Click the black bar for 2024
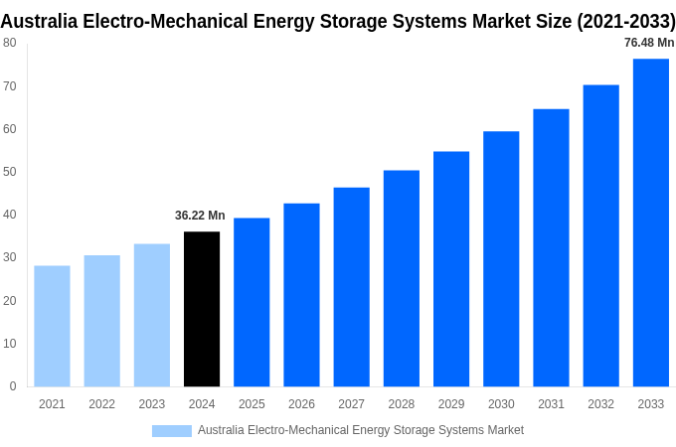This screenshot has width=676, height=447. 202,309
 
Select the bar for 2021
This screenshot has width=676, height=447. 52,326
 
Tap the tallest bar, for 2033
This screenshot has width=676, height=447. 651,223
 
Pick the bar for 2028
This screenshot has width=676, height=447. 402,278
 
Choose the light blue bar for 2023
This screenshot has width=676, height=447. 152,315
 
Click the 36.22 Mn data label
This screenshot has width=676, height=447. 200,216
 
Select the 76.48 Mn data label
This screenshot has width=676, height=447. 649,43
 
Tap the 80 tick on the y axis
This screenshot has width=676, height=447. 9,43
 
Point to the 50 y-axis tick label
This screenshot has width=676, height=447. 9,172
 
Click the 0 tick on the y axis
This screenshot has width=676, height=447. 12,386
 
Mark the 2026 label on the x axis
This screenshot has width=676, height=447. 301,404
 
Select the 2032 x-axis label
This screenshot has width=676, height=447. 600,404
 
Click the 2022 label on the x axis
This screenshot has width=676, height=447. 101,404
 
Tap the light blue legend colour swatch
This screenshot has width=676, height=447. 171,430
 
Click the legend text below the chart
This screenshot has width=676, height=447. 360,430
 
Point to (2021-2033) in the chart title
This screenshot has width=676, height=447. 625,22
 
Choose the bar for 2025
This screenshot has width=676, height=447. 252,302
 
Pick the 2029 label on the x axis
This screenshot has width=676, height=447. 451,404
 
